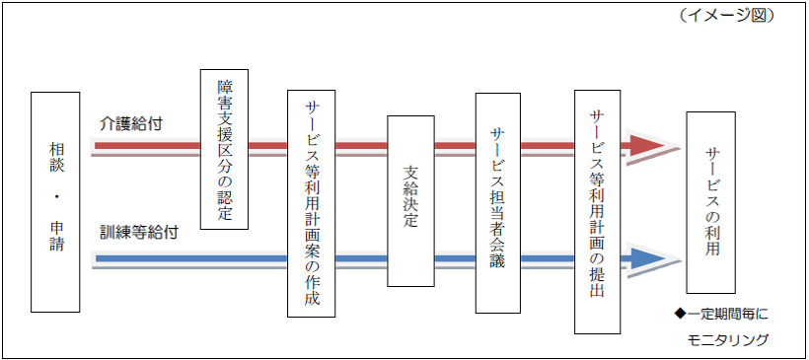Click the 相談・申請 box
point(54,201)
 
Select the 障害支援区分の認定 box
point(224,149)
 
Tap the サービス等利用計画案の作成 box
point(311,204)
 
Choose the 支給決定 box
point(410,201)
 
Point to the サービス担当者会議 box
point(497,203)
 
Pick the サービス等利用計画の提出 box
point(597,210)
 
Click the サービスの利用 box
point(711,201)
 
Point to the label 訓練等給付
point(139,235)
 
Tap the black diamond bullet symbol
point(679,315)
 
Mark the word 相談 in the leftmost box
point(55,161)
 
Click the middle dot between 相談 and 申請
point(55,199)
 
